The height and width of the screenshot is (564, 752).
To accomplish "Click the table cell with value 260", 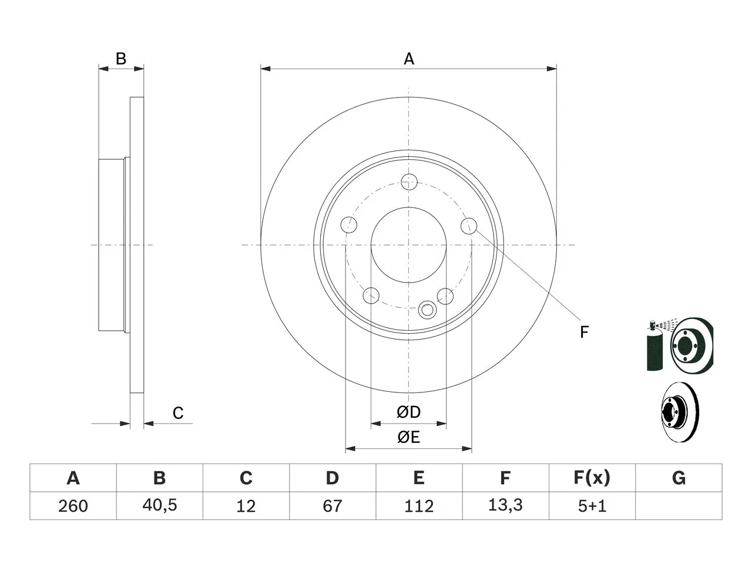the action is coord(73,506).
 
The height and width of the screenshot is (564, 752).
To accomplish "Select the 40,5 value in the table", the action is coord(160,506).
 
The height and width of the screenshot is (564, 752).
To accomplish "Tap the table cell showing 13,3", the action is coord(505,506).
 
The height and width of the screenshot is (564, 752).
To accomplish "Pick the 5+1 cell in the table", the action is coord(592,506).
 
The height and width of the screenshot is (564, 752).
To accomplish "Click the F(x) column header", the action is coord(592,478).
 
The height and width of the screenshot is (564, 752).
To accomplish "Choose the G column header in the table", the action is coord(679,478).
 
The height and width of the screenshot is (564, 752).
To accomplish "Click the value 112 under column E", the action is coord(419,506).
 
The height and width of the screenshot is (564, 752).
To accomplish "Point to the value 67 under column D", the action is coord(333,506).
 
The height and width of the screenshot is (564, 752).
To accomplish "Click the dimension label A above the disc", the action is coord(409,59).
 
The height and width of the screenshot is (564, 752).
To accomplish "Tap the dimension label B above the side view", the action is coord(121,59).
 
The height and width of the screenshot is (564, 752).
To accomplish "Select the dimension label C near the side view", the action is coord(178,413).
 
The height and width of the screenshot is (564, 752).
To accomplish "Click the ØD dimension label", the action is coord(408,412).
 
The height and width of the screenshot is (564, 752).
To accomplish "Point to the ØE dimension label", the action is coord(408,437).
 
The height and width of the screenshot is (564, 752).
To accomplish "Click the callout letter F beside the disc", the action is coord(584,332).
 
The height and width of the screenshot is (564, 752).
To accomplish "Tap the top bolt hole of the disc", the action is coord(409,182).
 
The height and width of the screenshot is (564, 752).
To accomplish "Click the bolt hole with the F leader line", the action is coord(469,226).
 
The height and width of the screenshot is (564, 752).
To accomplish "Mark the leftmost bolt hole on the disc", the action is coord(349,225).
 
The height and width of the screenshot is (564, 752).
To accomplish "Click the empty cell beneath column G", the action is coord(679,506).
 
